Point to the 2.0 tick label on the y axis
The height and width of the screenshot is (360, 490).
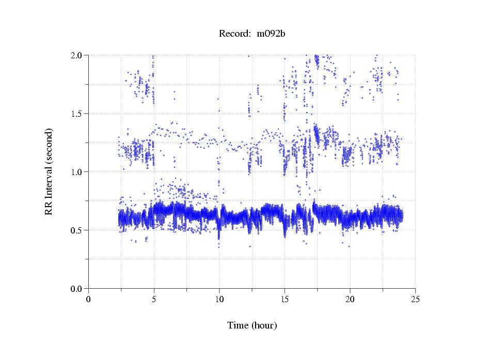(77, 55)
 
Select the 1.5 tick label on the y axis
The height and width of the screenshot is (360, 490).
(77, 114)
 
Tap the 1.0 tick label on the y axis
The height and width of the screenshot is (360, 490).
(77, 172)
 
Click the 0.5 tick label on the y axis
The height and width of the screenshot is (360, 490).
(77, 230)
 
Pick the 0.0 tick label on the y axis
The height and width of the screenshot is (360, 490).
(77, 289)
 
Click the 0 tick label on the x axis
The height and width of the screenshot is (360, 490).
(89, 300)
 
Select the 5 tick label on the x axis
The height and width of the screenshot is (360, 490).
(154, 300)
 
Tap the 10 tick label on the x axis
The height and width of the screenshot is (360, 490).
(219, 300)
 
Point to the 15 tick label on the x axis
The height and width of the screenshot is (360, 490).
(284, 300)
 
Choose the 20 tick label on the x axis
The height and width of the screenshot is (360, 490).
(350, 300)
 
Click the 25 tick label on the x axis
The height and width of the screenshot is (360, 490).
(415, 300)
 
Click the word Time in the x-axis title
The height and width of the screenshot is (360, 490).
(239, 326)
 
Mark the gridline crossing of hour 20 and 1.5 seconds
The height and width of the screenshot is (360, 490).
(350, 114)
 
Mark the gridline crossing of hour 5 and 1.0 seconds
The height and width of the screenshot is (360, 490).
(154, 172)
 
